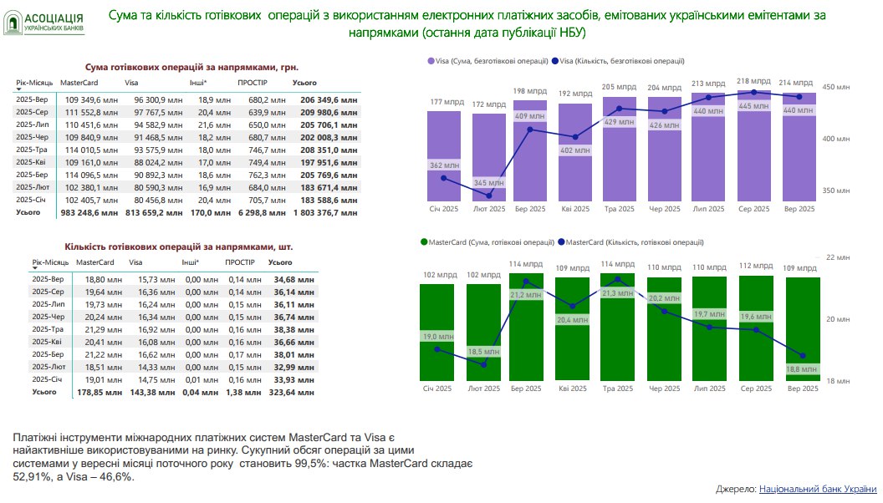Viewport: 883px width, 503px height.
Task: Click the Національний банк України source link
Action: pyautogui.click(x=817, y=489)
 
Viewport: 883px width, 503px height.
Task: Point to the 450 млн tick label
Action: pyautogui.click(x=837, y=87)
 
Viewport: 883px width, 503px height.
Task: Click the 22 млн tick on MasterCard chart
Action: pyautogui.click(x=835, y=257)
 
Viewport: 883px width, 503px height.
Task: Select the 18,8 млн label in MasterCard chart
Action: pyautogui.click(x=800, y=369)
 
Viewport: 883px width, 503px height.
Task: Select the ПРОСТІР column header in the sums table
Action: pyautogui.click(x=252, y=83)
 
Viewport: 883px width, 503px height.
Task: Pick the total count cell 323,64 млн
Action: pyautogui.click(x=291, y=392)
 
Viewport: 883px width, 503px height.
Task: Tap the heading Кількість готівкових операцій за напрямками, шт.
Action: pyautogui.click(x=179, y=247)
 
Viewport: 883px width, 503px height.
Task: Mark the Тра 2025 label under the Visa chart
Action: pyautogui.click(x=619, y=209)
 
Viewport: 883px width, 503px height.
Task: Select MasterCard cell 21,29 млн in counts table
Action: pyautogui.click(x=89, y=328)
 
